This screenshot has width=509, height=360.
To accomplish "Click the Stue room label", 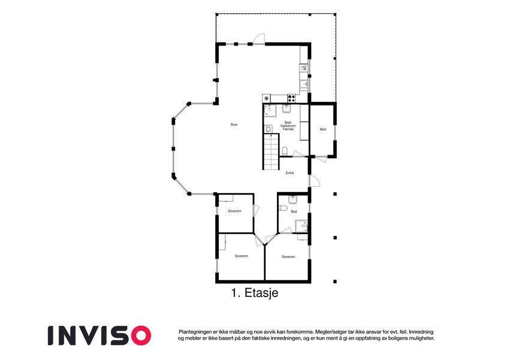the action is coord(234,124).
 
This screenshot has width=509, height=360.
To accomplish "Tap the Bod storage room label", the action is coord(323,130).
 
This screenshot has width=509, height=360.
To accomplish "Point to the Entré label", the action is coord(290,173).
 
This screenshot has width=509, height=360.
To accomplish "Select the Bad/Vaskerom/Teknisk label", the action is coord(288,126).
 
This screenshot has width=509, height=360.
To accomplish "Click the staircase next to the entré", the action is coord(271,151).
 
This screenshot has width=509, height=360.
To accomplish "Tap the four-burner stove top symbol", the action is coord(291,98).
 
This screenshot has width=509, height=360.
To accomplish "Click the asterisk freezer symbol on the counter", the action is coord(267,98).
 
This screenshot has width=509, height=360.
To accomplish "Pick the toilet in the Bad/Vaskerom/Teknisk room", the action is coord(285,151).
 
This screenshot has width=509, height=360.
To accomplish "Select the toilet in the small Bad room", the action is coord(283,208).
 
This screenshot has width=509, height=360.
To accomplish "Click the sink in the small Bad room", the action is coord(293,199).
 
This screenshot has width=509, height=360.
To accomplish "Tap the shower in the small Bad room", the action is coord(301,226).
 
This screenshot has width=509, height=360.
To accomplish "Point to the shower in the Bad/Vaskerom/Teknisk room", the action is coord(269,110).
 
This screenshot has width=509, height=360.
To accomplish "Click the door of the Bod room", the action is coord(321,159).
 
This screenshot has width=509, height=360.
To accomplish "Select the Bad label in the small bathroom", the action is coord(294,212).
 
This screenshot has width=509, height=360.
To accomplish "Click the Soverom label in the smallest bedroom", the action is coord(234,211).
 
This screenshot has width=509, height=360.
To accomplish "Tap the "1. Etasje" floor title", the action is coord(255,293).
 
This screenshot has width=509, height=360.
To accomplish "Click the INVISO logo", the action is coord(100,335).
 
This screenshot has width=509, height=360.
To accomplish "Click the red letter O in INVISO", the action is coord(141,335).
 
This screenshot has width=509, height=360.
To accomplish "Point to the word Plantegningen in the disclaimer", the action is coord(194,332).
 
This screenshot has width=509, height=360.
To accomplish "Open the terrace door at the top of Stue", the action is coord(259,38).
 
